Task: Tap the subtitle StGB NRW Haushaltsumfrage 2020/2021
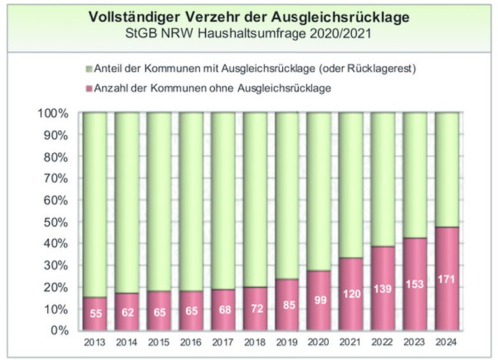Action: [x=248, y=32]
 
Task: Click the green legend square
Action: [x=88, y=68]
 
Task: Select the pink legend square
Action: [x=88, y=87]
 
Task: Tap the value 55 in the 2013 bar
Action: [x=94, y=314]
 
